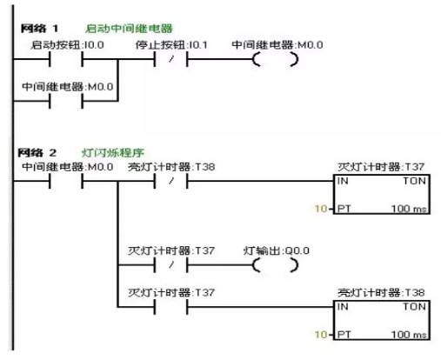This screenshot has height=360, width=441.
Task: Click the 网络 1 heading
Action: [39, 29]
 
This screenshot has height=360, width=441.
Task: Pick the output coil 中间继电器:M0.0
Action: [274, 61]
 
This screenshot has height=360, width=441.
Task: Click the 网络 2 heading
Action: [39, 151]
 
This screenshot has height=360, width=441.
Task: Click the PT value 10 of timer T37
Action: [319, 210]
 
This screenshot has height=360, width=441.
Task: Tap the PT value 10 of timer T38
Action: [319, 334]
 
